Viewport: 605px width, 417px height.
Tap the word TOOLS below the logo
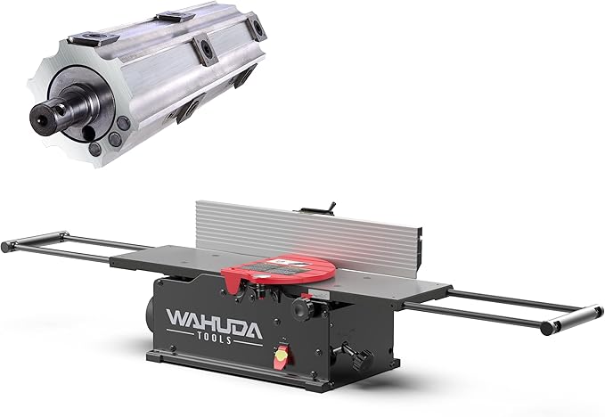[x=215, y=337]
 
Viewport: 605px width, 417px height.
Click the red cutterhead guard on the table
[x=278, y=271]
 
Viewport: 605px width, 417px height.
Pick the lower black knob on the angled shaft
[x=362, y=360]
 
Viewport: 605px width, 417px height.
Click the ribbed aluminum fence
[x=308, y=234]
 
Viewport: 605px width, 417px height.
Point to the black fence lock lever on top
[x=331, y=207]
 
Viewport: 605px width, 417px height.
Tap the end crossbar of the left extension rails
[x=35, y=240]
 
